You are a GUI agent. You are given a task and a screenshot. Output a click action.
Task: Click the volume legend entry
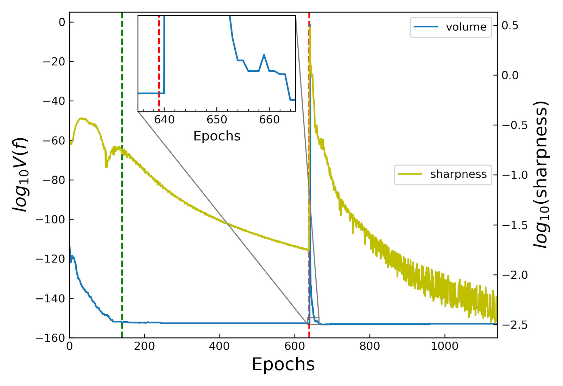[x=451, y=27]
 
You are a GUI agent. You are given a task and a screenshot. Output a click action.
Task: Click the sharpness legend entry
[x=443, y=174]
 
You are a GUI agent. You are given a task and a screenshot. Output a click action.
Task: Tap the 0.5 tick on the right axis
[x=510, y=26]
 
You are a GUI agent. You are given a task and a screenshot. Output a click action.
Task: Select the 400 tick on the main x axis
[x=219, y=346]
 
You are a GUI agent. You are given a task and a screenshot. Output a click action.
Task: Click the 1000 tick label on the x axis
[x=444, y=346]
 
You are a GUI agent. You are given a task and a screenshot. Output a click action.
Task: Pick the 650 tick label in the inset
[x=217, y=120]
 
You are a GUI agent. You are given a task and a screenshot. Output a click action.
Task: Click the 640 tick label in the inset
[x=164, y=120]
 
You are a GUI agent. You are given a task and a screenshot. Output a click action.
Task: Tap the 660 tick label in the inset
[x=269, y=120]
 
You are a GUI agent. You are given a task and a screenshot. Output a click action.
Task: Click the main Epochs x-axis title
[x=283, y=365]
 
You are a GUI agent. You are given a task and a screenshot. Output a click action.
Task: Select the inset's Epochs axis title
[x=217, y=136]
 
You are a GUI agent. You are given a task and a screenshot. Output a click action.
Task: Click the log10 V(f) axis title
[x=20, y=175]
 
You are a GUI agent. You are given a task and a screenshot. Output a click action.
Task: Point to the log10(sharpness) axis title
[x=541, y=175]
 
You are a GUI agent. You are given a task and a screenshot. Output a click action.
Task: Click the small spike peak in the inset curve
[x=264, y=55]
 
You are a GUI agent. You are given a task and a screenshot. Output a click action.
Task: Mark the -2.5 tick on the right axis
[x=510, y=325]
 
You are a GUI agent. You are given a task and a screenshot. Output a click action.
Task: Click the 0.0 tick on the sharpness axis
[x=510, y=75]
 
